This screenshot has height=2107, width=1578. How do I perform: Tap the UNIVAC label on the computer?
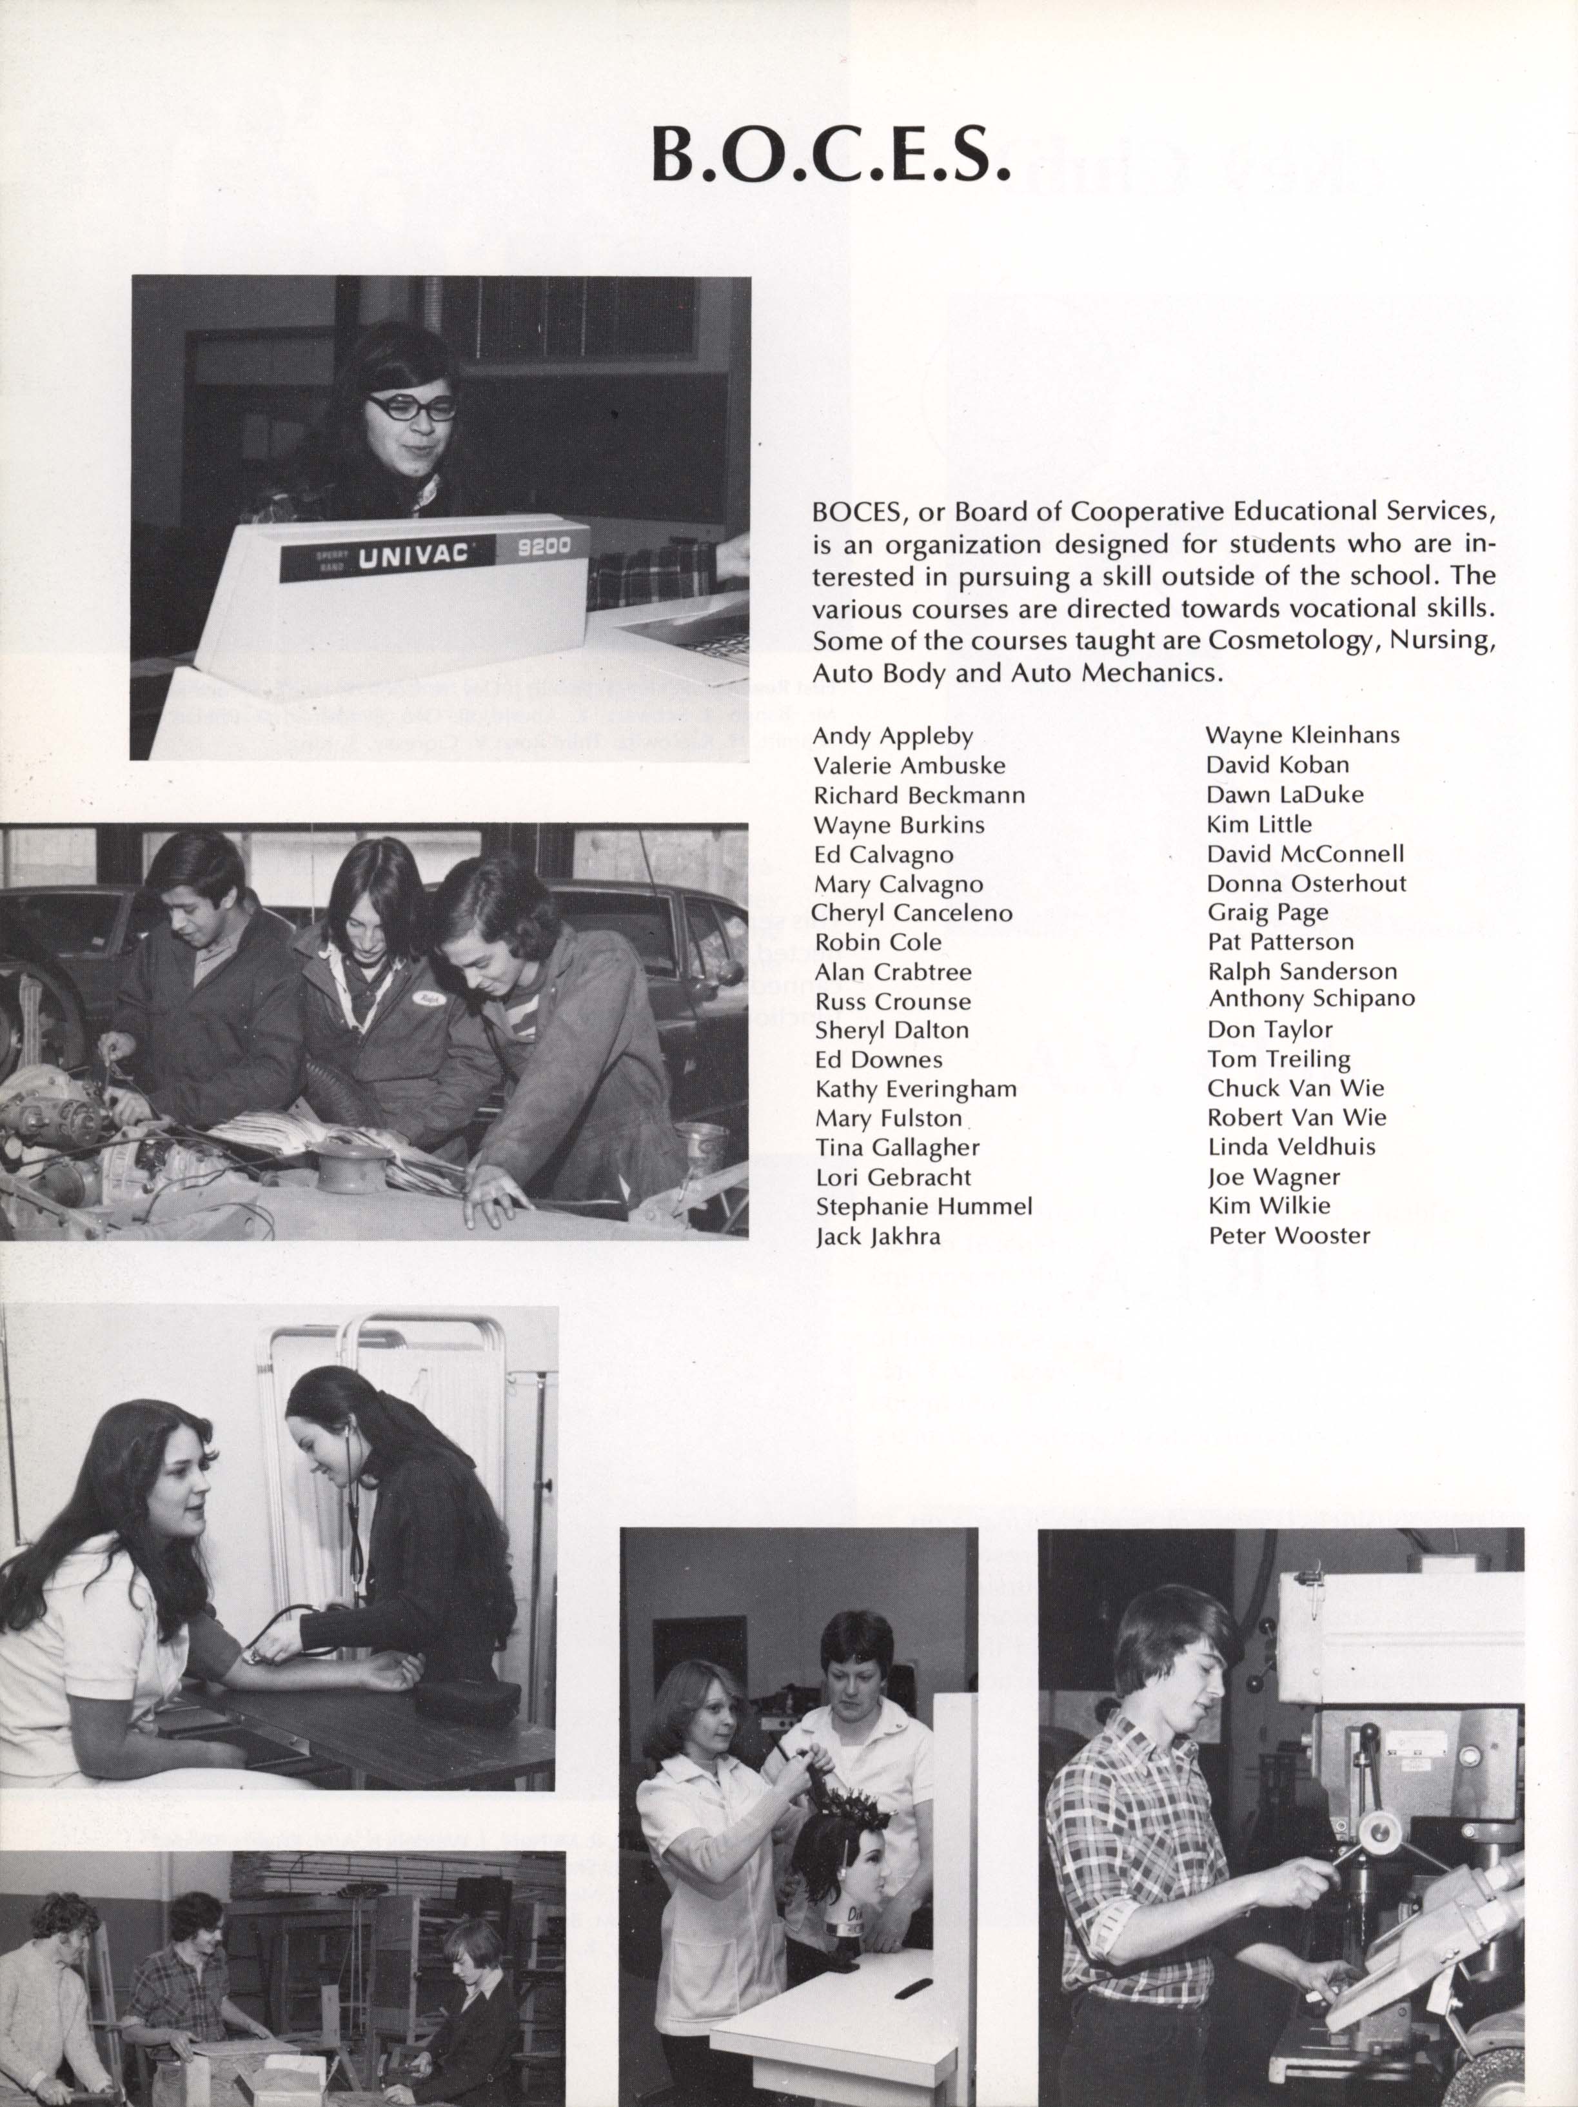coord(412,555)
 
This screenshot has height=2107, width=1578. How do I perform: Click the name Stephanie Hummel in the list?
coord(923,1206)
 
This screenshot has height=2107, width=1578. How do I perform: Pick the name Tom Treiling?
coord(1279,1058)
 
